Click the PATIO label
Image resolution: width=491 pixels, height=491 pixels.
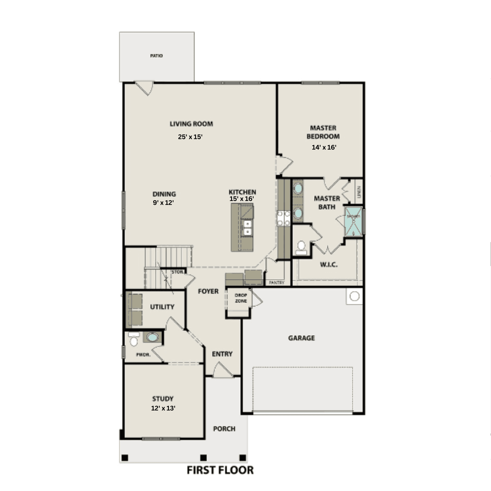pos(156,56)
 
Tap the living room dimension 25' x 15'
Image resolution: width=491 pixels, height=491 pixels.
pos(190,137)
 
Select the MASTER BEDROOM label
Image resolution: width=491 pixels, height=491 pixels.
pos(323,132)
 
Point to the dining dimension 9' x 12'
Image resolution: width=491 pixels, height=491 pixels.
pos(163,203)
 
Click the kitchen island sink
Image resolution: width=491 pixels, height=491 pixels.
pos(247,227)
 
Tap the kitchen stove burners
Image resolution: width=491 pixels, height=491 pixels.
pos(283,218)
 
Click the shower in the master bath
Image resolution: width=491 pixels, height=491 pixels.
pos(354,222)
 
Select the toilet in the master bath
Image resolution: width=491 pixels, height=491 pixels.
pos(301,248)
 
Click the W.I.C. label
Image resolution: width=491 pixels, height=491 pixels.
pos(329,264)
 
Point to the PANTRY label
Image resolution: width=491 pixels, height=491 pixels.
pos(277,282)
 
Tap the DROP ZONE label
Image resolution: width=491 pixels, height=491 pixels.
pos(241,298)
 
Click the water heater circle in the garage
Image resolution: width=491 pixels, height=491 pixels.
pos(354,296)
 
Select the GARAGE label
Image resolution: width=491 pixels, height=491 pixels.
pos(301,338)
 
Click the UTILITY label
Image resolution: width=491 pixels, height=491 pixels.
pos(162,307)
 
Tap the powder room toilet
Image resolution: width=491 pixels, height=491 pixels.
pos(134,340)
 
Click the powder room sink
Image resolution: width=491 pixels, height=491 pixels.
pos(152,337)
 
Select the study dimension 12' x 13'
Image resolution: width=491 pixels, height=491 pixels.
pos(163,408)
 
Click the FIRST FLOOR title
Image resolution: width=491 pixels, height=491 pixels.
pos(220,470)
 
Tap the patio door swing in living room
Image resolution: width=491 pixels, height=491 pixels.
pos(145,88)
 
